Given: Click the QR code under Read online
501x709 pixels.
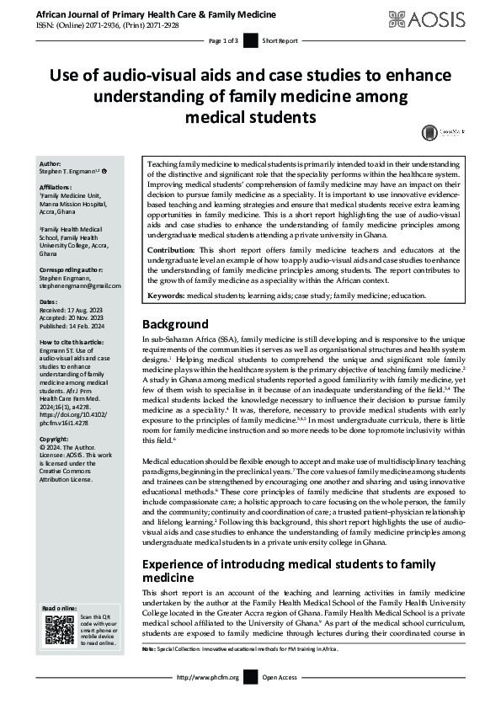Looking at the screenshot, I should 58,630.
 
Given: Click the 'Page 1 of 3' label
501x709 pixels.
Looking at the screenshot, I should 223,40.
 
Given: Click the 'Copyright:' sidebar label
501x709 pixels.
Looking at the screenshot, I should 56,416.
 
